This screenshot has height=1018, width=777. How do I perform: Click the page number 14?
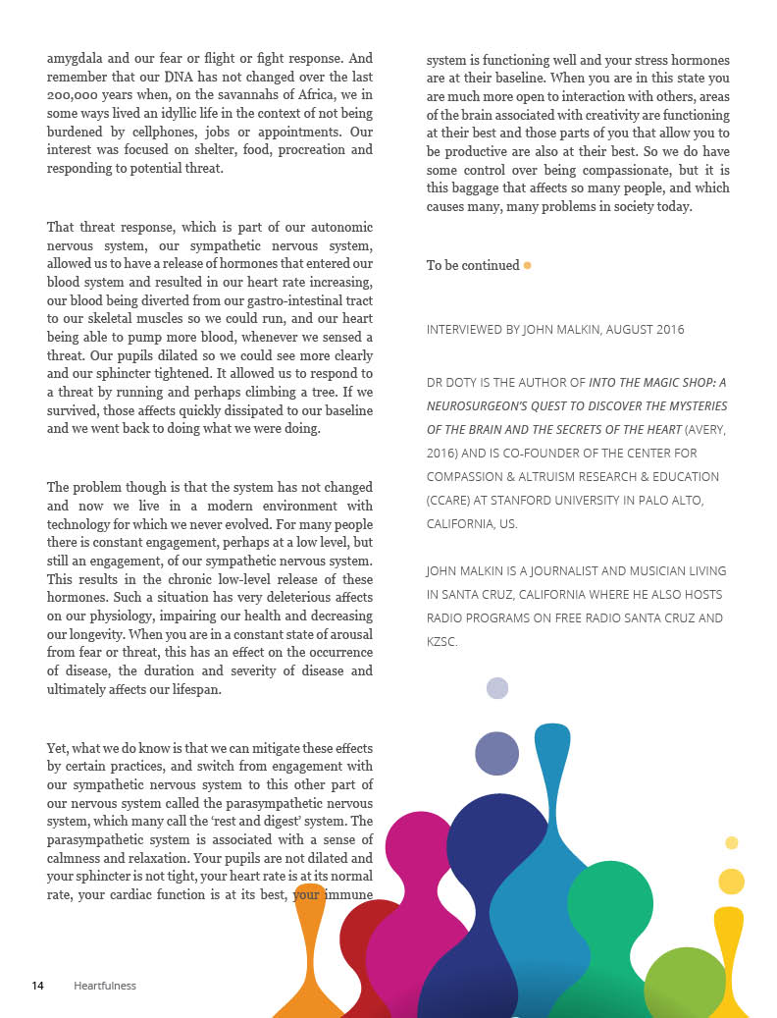pos(38,986)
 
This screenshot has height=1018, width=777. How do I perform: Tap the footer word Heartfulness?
pos(105,986)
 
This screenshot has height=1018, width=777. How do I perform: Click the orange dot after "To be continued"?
pos(528,265)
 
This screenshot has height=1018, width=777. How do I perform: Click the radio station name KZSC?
pos(441,642)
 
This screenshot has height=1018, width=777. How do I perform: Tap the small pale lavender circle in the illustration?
pos(497,688)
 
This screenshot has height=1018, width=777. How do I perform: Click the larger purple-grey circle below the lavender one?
pos(496,753)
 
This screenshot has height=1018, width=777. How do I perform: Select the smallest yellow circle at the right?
pos(731,842)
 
